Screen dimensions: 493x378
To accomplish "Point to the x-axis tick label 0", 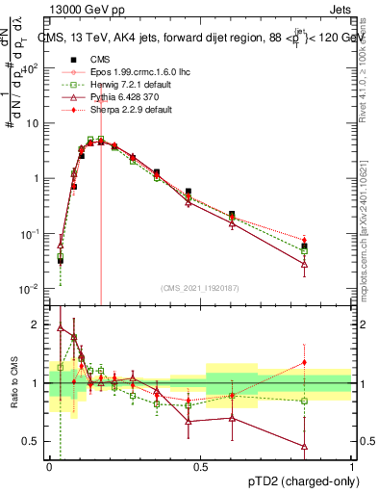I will point(49,465).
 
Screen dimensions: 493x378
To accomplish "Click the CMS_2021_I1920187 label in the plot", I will point(199,288).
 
